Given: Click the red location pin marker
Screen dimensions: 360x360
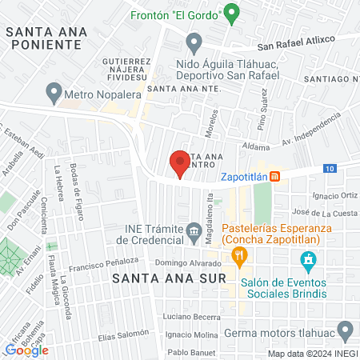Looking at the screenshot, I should click(x=180, y=162).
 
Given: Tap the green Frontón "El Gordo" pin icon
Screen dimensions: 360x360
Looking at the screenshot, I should click(x=232, y=12).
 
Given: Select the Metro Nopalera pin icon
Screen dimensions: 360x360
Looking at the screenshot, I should click(x=54, y=94).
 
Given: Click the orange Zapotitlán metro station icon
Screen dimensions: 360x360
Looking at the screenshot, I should click(x=274, y=176).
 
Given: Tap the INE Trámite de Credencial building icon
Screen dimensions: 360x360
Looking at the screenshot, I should click(x=194, y=234).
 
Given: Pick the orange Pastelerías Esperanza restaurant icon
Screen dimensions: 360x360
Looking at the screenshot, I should click(x=238, y=256).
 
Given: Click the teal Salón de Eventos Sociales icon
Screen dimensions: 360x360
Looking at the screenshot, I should click(x=307, y=260).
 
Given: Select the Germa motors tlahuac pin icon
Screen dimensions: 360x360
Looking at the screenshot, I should click(x=345, y=330).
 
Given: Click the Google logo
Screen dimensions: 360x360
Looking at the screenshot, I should click(x=27, y=350).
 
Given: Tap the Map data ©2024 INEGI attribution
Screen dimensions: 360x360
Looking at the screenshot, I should click(x=312, y=353).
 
